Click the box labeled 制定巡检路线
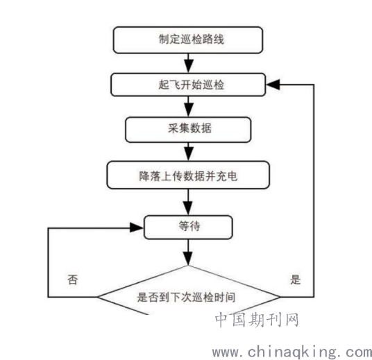(188, 40)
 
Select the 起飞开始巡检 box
(188, 85)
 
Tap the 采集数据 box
(188, 130)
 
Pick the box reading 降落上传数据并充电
(188, 175)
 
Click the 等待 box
(188, 228)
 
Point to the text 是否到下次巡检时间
(186, 297)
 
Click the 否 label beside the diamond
(73, 280)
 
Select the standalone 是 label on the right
(296, 280)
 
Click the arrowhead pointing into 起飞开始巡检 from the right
(273, 85)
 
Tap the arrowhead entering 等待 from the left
(137, 228)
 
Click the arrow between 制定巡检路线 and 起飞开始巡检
(188, 63)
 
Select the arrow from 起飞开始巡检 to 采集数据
(188, 107)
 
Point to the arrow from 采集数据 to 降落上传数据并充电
(188, 152)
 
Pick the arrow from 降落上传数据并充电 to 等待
(188, 202)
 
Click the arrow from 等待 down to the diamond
(188, 252)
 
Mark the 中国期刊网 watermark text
(257, 320)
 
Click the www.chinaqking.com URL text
(292, 352)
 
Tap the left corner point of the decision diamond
(97, 297)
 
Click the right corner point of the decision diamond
(280, 297)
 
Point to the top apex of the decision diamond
(188, 266)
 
